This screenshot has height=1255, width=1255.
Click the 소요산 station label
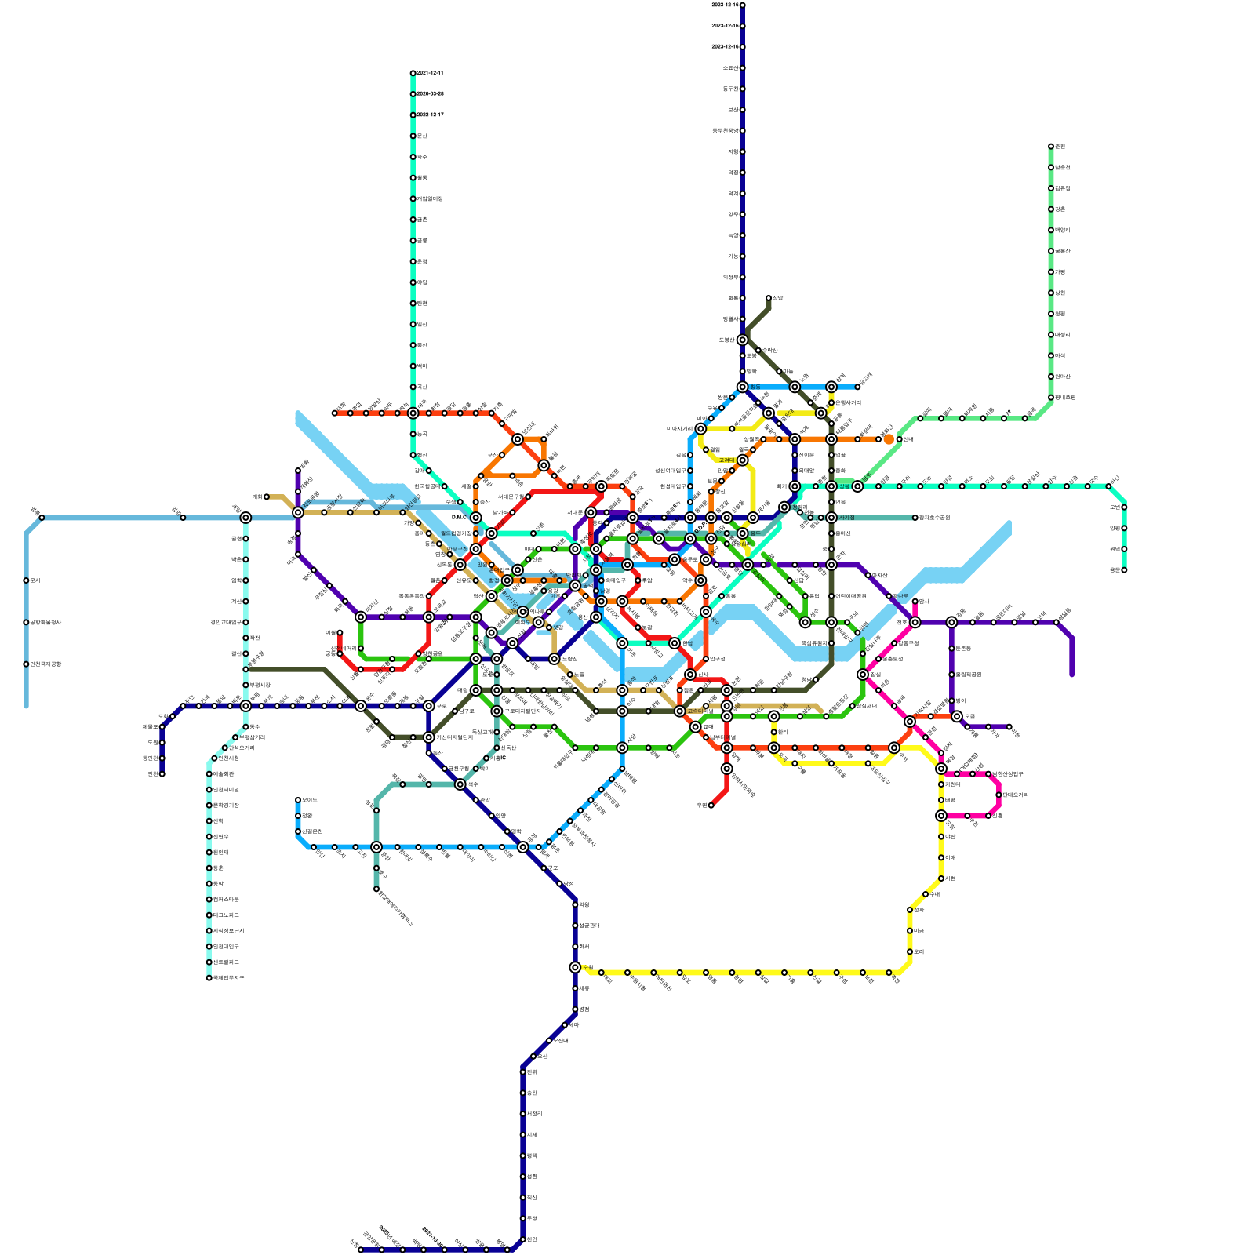tap(730, 68)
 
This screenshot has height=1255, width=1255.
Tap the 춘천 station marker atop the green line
tap(1051, 147)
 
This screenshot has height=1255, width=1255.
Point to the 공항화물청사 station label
tap(45, 623)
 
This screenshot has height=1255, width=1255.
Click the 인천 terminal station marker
tap(162, 774)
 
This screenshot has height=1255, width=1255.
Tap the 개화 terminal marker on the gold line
tap(267, 497)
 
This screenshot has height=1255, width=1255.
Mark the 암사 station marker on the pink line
tap(915, 602)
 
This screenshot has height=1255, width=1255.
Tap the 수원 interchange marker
tap(575, 967)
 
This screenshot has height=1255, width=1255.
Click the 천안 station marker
tap(523, 1239)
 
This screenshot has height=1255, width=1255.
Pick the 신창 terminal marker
tap(361, 1250)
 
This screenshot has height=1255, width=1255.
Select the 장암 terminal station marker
tap(769, 298)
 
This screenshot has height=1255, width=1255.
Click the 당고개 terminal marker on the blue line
tap(857, 387)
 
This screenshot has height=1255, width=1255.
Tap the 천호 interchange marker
tap(915, 622)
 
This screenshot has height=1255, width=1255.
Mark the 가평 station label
tap(1060, 272)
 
